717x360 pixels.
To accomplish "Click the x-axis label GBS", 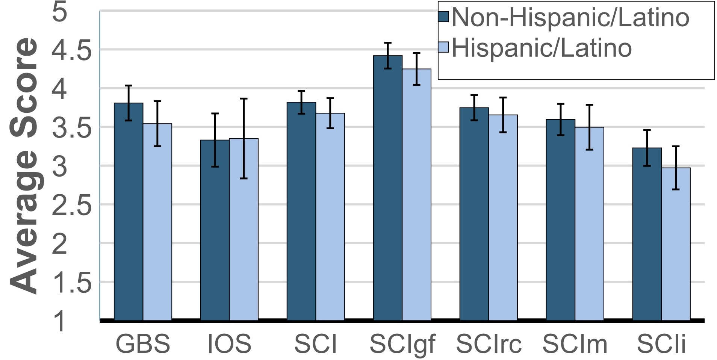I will pyautogui.click(x=143, y=343).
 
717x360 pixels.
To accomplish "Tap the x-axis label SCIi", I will pyautogui.click(x=661, y=343).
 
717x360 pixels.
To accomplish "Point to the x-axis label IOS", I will pyautogui.click(x=229, y=343).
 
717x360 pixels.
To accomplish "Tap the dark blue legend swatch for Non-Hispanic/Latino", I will pyautogui.click(x=444, y=17).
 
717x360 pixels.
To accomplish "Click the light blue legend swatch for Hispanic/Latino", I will pyautogui.click(x=444, y=48).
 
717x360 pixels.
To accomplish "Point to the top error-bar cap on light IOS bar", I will pyautogui.click(x=244, y=98).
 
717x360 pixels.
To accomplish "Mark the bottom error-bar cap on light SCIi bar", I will pyautogui.click(x=676, y=189).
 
